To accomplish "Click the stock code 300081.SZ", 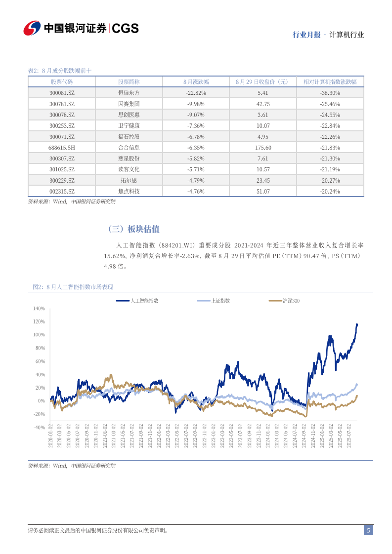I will point(62,93).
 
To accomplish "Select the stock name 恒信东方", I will point(129,93).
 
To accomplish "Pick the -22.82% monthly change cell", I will point(196,93).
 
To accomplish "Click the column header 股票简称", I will point(129,81).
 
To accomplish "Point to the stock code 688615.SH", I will point(62,148).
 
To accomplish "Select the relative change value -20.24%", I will point(330,191).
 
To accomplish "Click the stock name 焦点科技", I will point(129,191).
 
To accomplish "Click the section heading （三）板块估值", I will point(133,229).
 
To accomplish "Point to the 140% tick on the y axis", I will point(39,309).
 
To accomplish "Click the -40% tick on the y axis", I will point(39,428).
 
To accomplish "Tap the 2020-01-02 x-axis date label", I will point(51,436).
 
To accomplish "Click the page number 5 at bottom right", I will point(368,531).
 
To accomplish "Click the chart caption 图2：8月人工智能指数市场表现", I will point(73,287).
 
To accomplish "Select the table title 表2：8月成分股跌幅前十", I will point(60,71).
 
